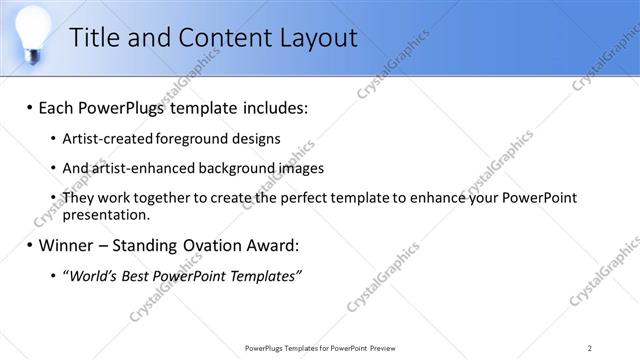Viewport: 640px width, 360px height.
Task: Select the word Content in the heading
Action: click(213, 39)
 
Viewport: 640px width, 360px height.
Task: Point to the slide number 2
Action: click(590, 347)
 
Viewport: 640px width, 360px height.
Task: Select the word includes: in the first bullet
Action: click(271, 105)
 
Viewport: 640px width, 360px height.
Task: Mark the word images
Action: click(299, 167)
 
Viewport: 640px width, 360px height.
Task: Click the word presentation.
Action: click(106, 214)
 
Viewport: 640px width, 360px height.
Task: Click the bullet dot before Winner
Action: click(29, 245)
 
